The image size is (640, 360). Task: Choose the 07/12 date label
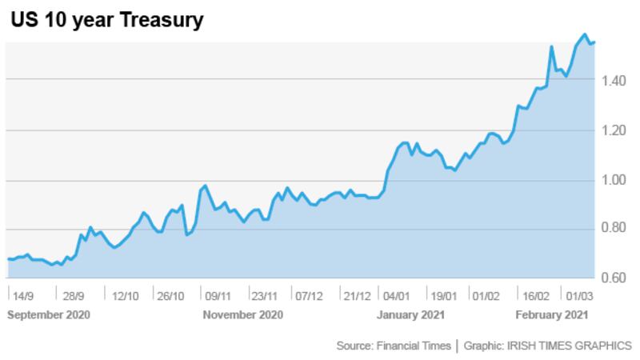point(309,295)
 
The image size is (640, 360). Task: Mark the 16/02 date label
point(535,295)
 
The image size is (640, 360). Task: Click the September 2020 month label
point(49,314)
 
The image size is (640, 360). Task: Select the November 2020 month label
point(243,314)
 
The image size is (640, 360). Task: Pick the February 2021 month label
point(551,314)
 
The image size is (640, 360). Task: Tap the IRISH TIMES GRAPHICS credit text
point(568,346)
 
